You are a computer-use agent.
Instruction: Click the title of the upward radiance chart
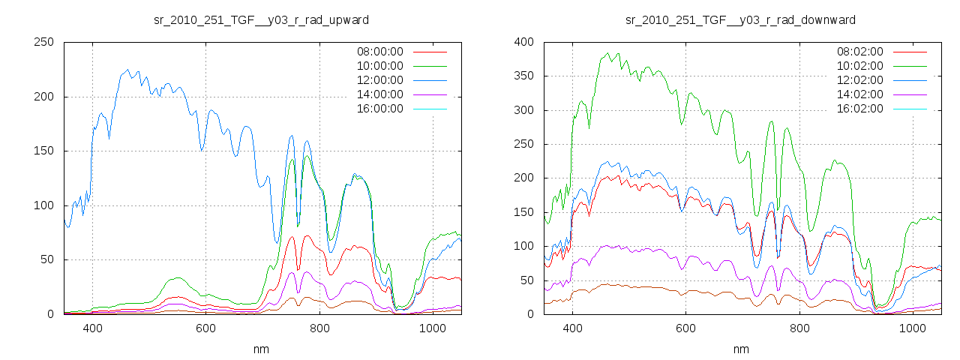coord(261,19)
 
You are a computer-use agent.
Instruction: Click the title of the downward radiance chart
coord(741,19)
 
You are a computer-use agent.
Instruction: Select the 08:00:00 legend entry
coord(379,52)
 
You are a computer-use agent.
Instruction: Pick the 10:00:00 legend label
coord(379,66)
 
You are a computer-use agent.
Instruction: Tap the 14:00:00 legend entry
coord(379,94)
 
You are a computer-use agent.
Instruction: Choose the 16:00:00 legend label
coord(379,109)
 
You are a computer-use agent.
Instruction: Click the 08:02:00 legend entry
coord(859,52)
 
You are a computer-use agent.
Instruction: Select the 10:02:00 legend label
coord(859,66)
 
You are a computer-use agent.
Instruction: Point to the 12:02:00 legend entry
coord(859,80)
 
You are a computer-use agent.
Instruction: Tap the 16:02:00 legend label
coord(859,109)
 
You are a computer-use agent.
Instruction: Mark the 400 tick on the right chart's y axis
coord(523,42)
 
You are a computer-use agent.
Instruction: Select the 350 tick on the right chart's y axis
coord(523,76)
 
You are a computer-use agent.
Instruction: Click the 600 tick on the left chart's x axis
coord(206,328)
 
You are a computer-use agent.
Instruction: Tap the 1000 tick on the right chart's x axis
coord(913,328)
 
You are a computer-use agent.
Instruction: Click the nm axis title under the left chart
coord(261,349)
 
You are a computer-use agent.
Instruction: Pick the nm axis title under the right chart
coord(741,349)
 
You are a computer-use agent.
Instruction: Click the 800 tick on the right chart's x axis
coord(799,328)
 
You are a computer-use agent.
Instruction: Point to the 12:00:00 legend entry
coord(379,80)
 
